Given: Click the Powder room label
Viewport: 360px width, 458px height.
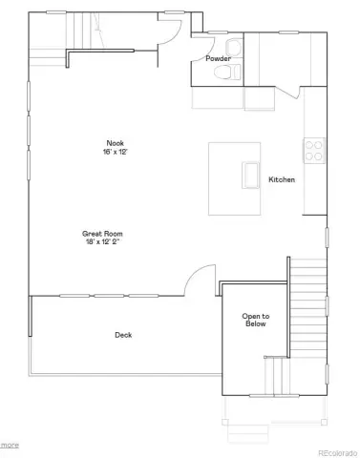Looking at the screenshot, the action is pyautogui.click(x=218, y=58).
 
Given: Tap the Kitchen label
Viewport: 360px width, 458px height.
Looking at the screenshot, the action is pyautogui.click(x=282, y=179).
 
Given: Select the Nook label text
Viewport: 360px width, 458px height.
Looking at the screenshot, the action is pyautogui.click(x=116, y=143).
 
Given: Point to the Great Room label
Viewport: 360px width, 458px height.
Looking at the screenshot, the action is pyautogui.click(x=102, y=234).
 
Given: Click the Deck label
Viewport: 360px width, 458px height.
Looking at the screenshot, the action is pyautogui.click(x=123, y=335).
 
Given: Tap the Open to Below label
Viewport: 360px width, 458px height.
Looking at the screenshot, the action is pyautogui.click(x=256, y=320).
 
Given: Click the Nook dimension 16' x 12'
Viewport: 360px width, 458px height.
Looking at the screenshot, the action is pyautogui.click(x=115, y=152).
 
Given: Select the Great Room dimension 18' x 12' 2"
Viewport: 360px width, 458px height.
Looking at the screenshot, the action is pyautogui.click(x=102, y=241).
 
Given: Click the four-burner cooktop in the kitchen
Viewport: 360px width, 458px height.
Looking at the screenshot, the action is pyautogui.click(x=314, y=151).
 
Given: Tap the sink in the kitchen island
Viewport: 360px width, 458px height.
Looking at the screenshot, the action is pyautogui.click(x=250, y=175).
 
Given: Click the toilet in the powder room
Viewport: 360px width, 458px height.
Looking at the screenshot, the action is pyautogui.click(x=227, y=72).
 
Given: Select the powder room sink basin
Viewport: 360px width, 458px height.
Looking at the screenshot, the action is pyautogui.click(x=234, y=48).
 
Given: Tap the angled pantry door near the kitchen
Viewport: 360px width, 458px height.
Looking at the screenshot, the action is pyautogui.click(x=288, y=93).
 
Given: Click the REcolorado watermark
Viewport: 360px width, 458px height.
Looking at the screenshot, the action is pyautogui.click(x=338, y=453).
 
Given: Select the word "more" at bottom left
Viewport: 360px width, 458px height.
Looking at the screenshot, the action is pyautogui.click(x=10, y=445).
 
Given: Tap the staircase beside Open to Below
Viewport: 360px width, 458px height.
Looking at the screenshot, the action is pyautogui.click(x=308, y=308).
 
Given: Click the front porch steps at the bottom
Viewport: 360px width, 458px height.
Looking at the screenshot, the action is pyautogui.click(x=248, y=433).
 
